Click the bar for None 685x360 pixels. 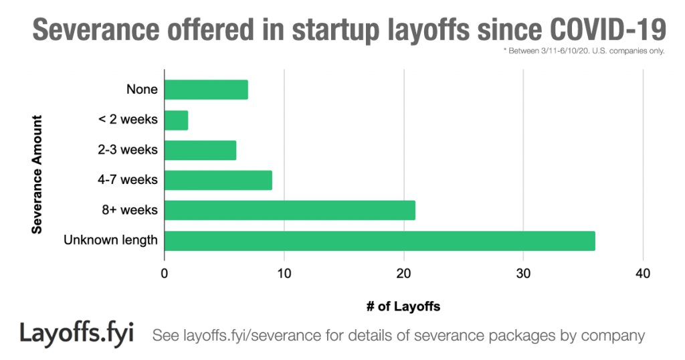pos(206,90)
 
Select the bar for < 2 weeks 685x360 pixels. pos(176,120)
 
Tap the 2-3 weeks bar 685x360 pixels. pos(200,150)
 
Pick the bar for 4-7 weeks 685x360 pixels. pos(218,180)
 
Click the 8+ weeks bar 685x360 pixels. pos(290,210)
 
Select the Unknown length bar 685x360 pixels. pos(379,240)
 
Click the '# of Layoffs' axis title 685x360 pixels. pos(403,306)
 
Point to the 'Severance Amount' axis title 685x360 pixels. pos(37,175)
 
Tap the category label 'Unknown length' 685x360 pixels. pos(110,240)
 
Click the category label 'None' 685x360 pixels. pos(142,90)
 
